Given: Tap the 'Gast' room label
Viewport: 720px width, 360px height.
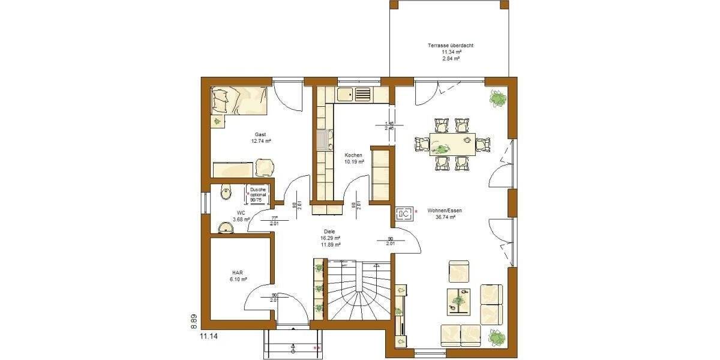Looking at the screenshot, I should point(260,134).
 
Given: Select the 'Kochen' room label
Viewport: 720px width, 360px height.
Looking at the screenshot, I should point(353,155).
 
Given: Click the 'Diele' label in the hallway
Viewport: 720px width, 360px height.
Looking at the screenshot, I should point(329,231).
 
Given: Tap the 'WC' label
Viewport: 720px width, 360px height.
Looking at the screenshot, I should point(241,213).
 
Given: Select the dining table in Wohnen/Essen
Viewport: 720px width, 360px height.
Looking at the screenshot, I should point(452,144).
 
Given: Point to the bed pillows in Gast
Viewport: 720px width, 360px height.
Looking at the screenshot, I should point(221,98).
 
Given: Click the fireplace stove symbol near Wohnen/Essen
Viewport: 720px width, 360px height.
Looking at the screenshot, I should point(404,213).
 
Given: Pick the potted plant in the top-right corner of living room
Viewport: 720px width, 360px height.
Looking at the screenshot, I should point(497,97).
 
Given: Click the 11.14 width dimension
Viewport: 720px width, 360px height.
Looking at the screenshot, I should point(209,337).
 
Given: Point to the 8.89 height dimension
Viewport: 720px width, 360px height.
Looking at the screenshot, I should point(194,323).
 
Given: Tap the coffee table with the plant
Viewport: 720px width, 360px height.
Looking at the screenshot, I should point(461,299).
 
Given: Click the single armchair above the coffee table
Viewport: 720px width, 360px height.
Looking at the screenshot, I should point(459,271).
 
